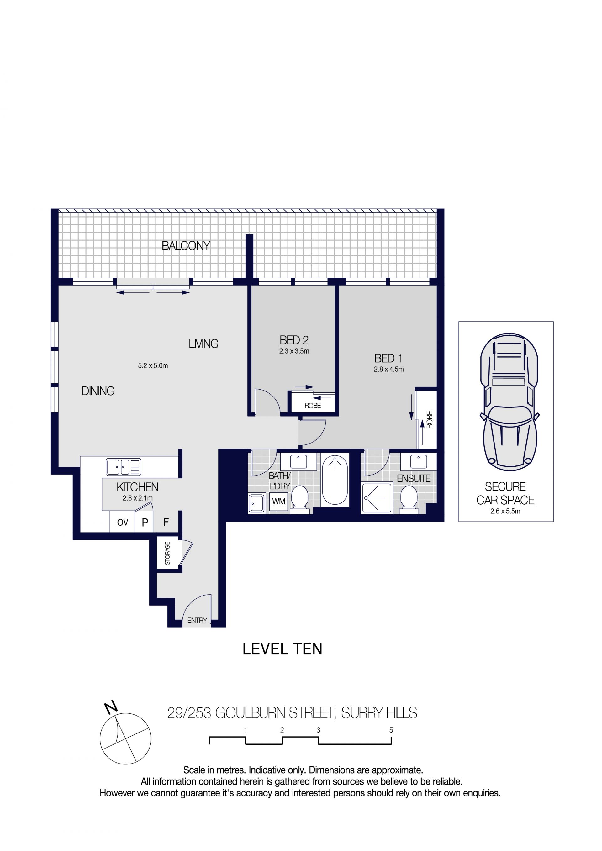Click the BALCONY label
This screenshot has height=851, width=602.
pyautogui.click(x=186, y=246)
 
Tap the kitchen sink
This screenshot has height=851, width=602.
pyautogui.click(x=124, y=467)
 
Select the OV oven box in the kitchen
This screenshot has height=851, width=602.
pyautogui.click(x=122, y=522)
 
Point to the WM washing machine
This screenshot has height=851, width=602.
pyautogui.click(x=278, y=502)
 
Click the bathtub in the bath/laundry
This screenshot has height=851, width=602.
pyautogui.click(x=335, y=480)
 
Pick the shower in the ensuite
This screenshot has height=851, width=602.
pyautogui.click(x=377, y=498)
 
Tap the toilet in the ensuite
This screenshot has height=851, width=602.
pyautogui.click(x=409, y=500)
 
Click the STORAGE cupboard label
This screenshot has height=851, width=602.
pyautogui.click(x=167, y=553)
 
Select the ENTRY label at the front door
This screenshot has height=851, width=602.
pyautogui.click(x=197, y=620)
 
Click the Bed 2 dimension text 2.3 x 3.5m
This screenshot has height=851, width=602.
pyautogui.click(x=294, y=351)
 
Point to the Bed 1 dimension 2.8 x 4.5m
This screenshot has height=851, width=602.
pyautogui.click(x=388, y=369)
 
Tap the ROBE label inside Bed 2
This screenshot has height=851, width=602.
pyautogui.click(x=313, y=406)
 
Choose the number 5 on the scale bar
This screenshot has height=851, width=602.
pyautogui.click(x=391, y=730)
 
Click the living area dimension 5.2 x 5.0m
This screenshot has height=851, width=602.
pyautogui.click(x=153, y=365)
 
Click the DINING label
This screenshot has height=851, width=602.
pyautogui.click(x=98, y=391)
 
